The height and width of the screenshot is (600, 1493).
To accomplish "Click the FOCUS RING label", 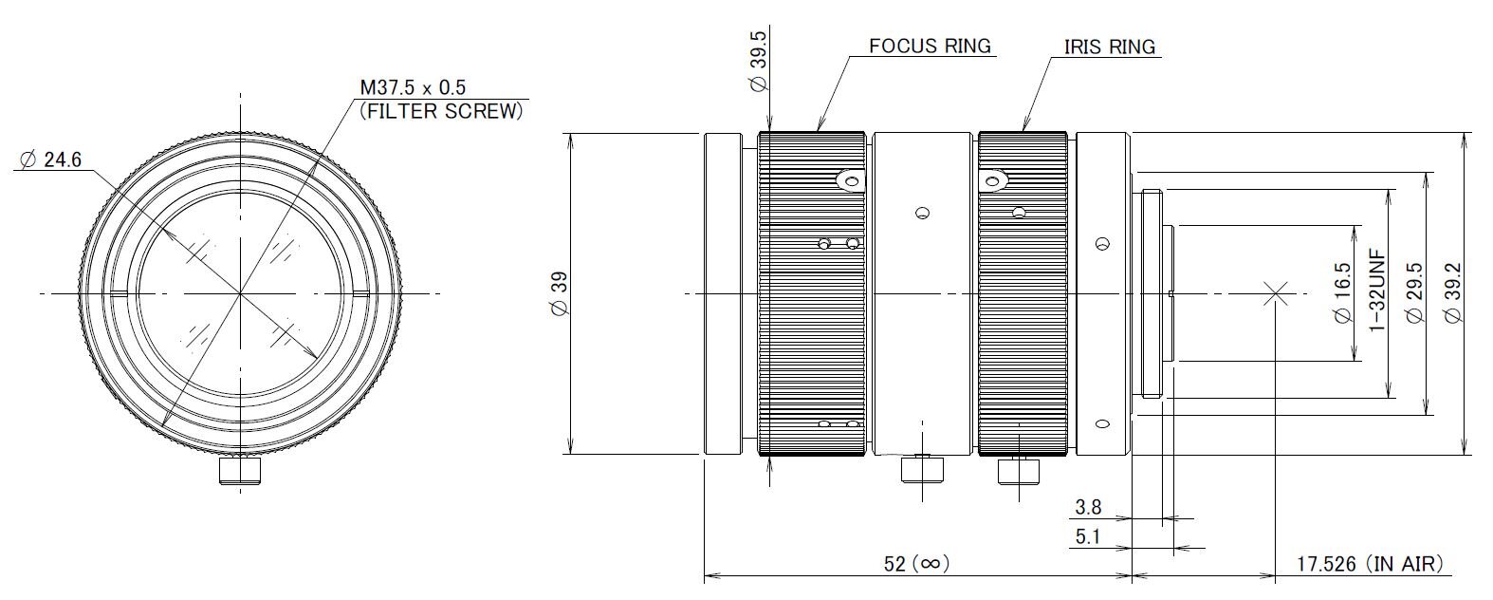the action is tap(930, 46).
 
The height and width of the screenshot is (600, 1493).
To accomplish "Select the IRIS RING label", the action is tap(1109, 47).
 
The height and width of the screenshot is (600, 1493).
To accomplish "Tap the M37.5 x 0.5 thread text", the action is tap(413, 87).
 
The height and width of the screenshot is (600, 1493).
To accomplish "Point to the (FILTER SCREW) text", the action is tap(441, 111).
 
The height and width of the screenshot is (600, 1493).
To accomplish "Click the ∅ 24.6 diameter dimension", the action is tap(51, 160).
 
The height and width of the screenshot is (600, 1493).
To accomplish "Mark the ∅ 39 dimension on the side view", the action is tap(560, 293).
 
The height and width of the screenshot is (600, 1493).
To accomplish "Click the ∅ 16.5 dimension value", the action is tap(1342, 293).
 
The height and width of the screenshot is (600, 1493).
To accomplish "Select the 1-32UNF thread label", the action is tap(1377, 291).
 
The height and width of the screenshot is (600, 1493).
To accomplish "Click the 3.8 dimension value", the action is tap(1088, 507).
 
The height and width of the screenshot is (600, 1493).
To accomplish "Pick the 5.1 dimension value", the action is tap(1088, 536).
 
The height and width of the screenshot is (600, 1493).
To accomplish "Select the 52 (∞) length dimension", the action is tap(916, 564).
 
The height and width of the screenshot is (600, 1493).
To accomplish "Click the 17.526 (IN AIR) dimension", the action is tap(1370, 564).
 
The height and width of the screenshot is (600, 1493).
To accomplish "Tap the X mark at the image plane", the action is tap(1275, 293).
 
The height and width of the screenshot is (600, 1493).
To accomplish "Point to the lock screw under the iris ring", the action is tap(1019, 470).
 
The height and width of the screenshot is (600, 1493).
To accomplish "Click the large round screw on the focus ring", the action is tap(850, 181).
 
